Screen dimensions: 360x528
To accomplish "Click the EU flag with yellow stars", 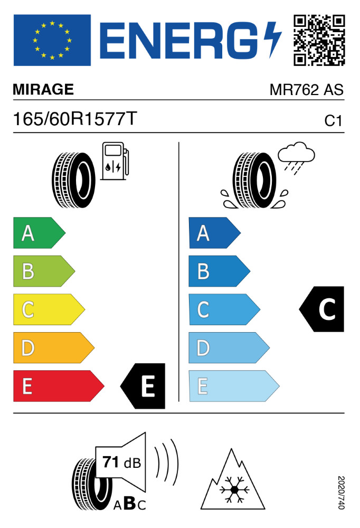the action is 52,40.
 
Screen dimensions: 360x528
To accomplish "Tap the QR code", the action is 319,40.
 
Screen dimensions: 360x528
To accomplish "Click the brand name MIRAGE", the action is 43,89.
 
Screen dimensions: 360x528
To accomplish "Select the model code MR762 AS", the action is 307,90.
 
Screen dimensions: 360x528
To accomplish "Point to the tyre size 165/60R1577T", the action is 75,119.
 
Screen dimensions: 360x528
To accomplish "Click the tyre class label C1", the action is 333,121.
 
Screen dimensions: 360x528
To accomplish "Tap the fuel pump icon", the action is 115,161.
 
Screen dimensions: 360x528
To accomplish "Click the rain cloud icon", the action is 296,158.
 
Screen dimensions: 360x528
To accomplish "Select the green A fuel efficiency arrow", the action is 39,233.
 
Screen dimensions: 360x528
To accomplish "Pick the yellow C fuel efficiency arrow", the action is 49,309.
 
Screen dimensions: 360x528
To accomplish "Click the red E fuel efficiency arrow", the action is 59,386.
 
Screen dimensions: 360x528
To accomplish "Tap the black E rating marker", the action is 143,386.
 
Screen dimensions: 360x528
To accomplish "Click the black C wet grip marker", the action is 321,309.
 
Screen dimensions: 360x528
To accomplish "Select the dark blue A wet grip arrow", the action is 214,233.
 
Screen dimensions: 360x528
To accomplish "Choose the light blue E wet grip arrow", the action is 234,386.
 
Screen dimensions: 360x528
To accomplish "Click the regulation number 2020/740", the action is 341,492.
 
